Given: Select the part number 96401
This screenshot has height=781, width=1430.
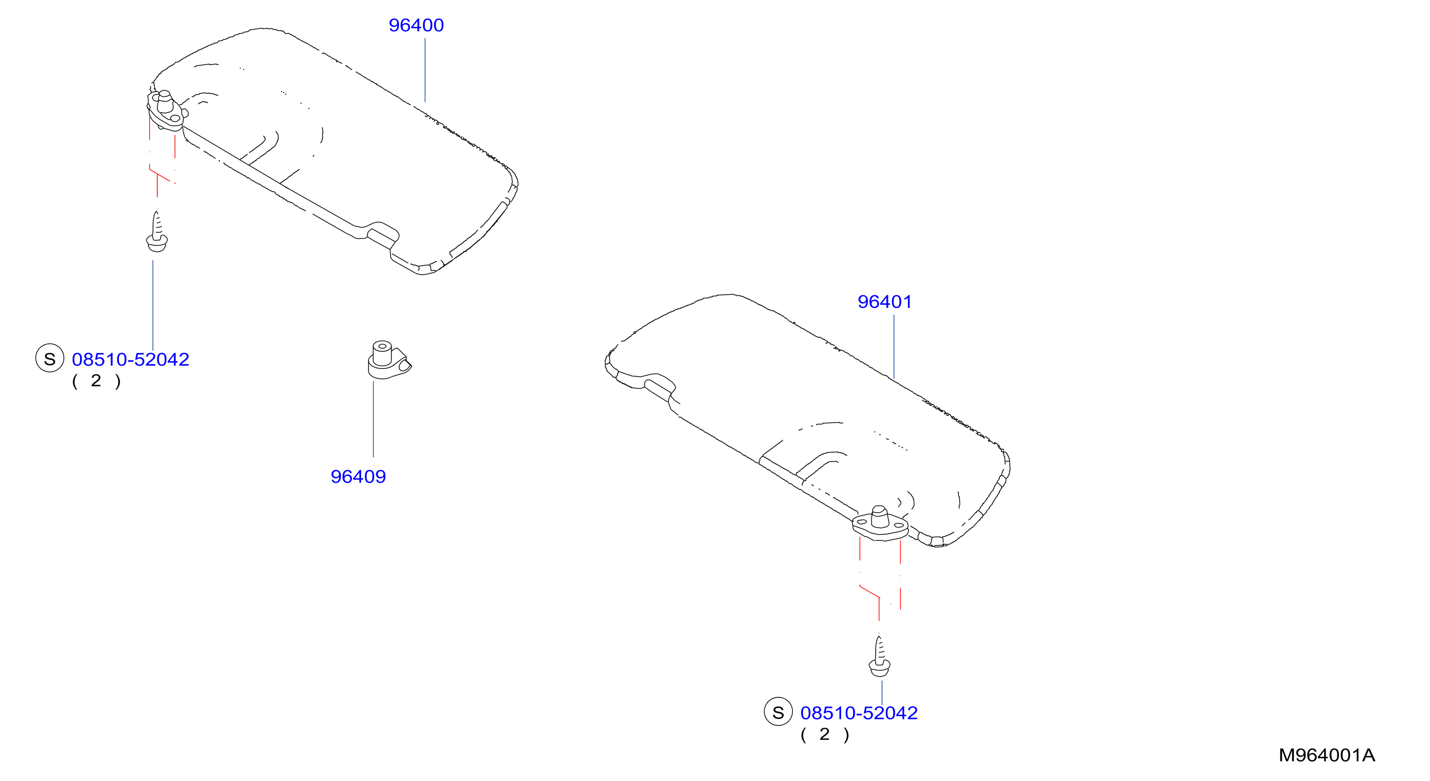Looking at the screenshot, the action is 885,302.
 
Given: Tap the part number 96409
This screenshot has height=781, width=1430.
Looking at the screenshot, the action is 358,477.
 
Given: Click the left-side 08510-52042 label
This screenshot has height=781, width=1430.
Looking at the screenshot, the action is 131,359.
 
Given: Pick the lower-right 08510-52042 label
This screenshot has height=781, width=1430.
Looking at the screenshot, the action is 859,713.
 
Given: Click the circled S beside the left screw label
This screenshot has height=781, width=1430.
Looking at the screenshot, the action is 50,358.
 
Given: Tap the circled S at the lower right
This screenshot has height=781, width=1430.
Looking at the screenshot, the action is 778,712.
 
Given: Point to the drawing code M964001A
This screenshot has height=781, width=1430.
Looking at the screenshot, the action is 1327,755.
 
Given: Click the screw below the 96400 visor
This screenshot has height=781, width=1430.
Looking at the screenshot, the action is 156,232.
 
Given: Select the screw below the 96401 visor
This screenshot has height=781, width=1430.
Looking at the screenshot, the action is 879,657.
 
